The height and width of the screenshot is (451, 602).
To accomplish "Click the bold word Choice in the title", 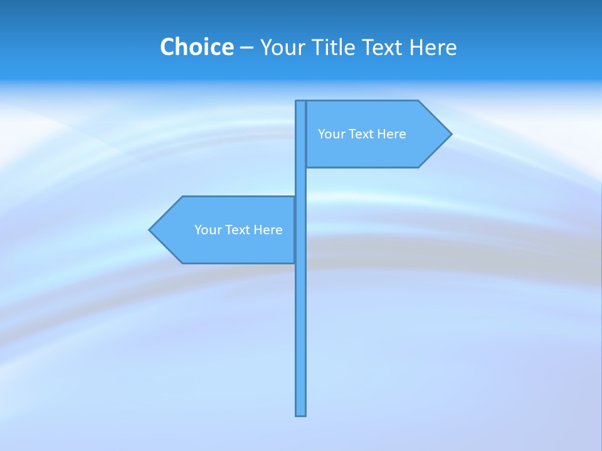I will pos(196,47).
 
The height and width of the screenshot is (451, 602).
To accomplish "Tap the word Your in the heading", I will pos(282,47).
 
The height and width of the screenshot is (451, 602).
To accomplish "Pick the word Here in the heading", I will pos(433,47).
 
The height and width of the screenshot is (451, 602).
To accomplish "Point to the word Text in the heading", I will pos(383,47).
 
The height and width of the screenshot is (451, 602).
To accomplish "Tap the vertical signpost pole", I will pos(301,326).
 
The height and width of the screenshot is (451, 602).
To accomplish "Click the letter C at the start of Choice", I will pos(167,47).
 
